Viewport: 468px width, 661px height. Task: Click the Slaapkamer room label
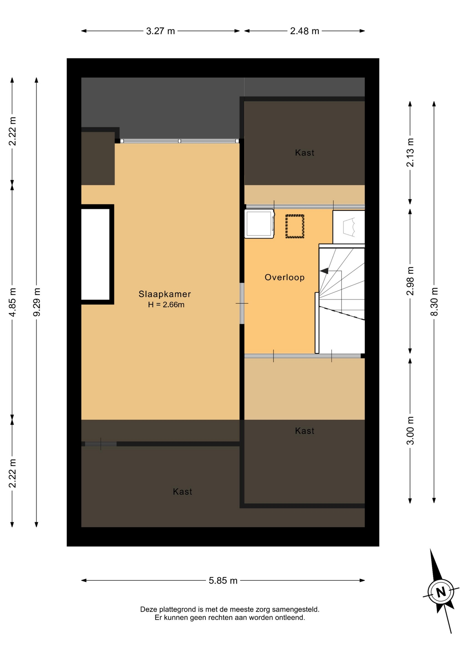[x=164, y=294]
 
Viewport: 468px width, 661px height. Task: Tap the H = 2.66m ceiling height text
[x=166, y=305]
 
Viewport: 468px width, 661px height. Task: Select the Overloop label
[x=285, y=277]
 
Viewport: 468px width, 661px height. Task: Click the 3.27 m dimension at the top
[x=161, y=31]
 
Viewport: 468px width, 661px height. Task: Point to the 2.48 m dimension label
[x=305, y=31]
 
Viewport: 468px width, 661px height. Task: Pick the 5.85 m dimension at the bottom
[x=223, y=581]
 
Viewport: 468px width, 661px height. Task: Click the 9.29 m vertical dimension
[x=37, y=302]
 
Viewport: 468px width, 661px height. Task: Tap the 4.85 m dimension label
[x=12, y=302]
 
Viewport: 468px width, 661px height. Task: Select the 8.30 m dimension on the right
[x=434, y=302]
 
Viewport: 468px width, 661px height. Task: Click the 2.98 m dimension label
[x=410, y=281]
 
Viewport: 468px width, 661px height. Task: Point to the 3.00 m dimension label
[x=410, y=430]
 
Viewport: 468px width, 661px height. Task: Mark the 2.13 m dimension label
[x=410, y=153]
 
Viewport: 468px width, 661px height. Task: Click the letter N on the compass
[x=441, y=592]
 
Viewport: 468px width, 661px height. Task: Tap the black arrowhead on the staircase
[x=324, y=271]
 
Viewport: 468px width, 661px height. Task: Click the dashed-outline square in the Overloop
[x=295, y=226]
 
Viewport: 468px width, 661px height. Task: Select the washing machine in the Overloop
[x=260, y=223]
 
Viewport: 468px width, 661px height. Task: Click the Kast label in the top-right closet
[x=305, y=153]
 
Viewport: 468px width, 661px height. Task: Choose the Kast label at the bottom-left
[x=183, y=492]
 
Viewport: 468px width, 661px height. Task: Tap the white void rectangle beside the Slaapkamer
[x=95, y=254]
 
